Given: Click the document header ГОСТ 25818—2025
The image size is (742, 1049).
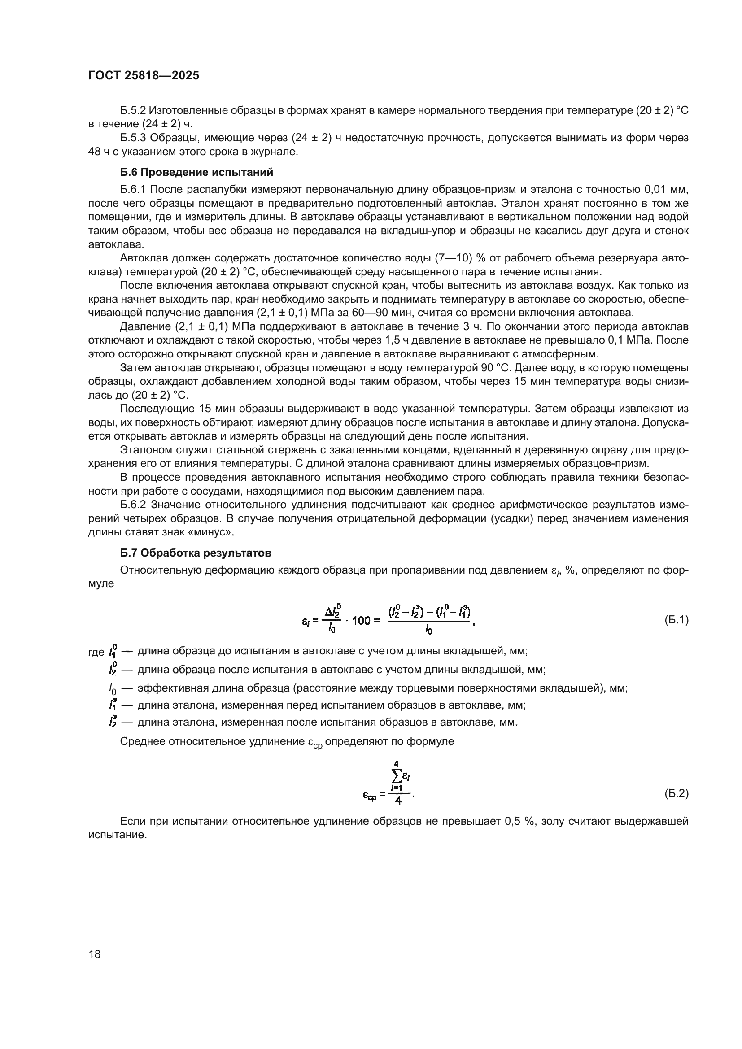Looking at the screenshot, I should (x=144, y=76).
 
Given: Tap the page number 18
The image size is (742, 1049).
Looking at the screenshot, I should (x=95, y=954).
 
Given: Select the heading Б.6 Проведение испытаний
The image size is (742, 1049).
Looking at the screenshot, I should (x=196, y=172).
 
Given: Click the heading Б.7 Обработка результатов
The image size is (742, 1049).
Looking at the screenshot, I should (x=196, y=553).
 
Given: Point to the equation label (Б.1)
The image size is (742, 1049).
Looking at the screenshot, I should (x=676, y=619).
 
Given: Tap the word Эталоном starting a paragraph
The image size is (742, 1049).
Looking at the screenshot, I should (x=144, y=450).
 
